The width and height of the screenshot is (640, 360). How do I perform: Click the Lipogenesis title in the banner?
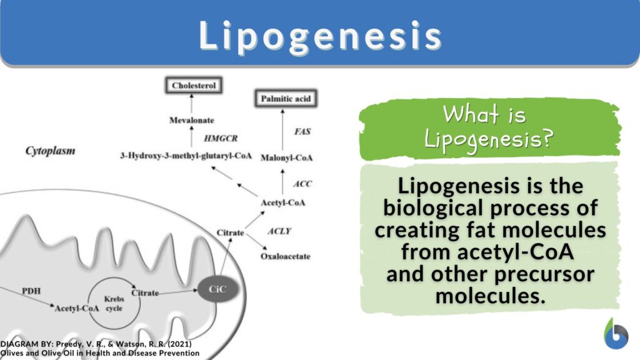coord(320,36)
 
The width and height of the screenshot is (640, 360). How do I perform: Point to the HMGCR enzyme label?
coord(218,137)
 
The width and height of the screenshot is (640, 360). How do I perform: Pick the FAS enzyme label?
coord(302,132)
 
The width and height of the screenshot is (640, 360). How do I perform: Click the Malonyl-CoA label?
coord(286,158)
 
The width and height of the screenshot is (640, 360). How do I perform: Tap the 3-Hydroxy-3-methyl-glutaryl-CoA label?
coord(186,156)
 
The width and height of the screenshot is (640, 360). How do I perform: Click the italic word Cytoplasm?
coord(50,151)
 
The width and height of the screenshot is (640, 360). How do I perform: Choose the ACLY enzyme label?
coord(280,231)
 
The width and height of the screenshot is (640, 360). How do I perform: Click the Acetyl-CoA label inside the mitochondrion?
coord(76,309)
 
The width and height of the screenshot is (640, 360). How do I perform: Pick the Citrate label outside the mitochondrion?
coord(230,233)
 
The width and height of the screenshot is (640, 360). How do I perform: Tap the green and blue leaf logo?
coord(616,334)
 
